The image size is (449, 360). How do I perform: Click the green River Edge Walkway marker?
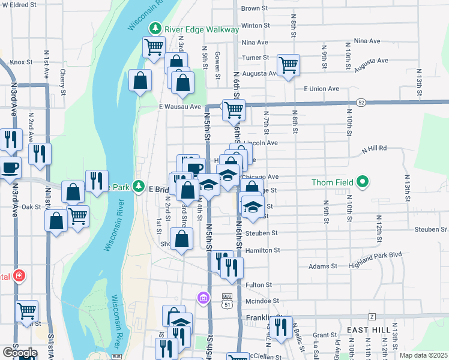pyautogui.click(x=156, y=28)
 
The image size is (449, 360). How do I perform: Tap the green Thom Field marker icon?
pyautogui.click(x=362, y=181)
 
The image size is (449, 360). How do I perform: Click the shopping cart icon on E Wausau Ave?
pyautogui.click(x=234, y=110)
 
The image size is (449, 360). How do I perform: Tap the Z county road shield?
pyautogui.click(x=372, y=316)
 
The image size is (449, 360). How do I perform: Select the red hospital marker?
pyautogui.click(x=20, y=275)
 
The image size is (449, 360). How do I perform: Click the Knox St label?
pyautogui.click(x=20, y=62)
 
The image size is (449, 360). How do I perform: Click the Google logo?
pyautogui.click(x=19, y=352)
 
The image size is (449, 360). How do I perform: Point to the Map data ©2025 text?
pyautogui.click(x=423, y=355)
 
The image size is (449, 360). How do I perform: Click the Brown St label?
pyautogui.click(x=254, y=8)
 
